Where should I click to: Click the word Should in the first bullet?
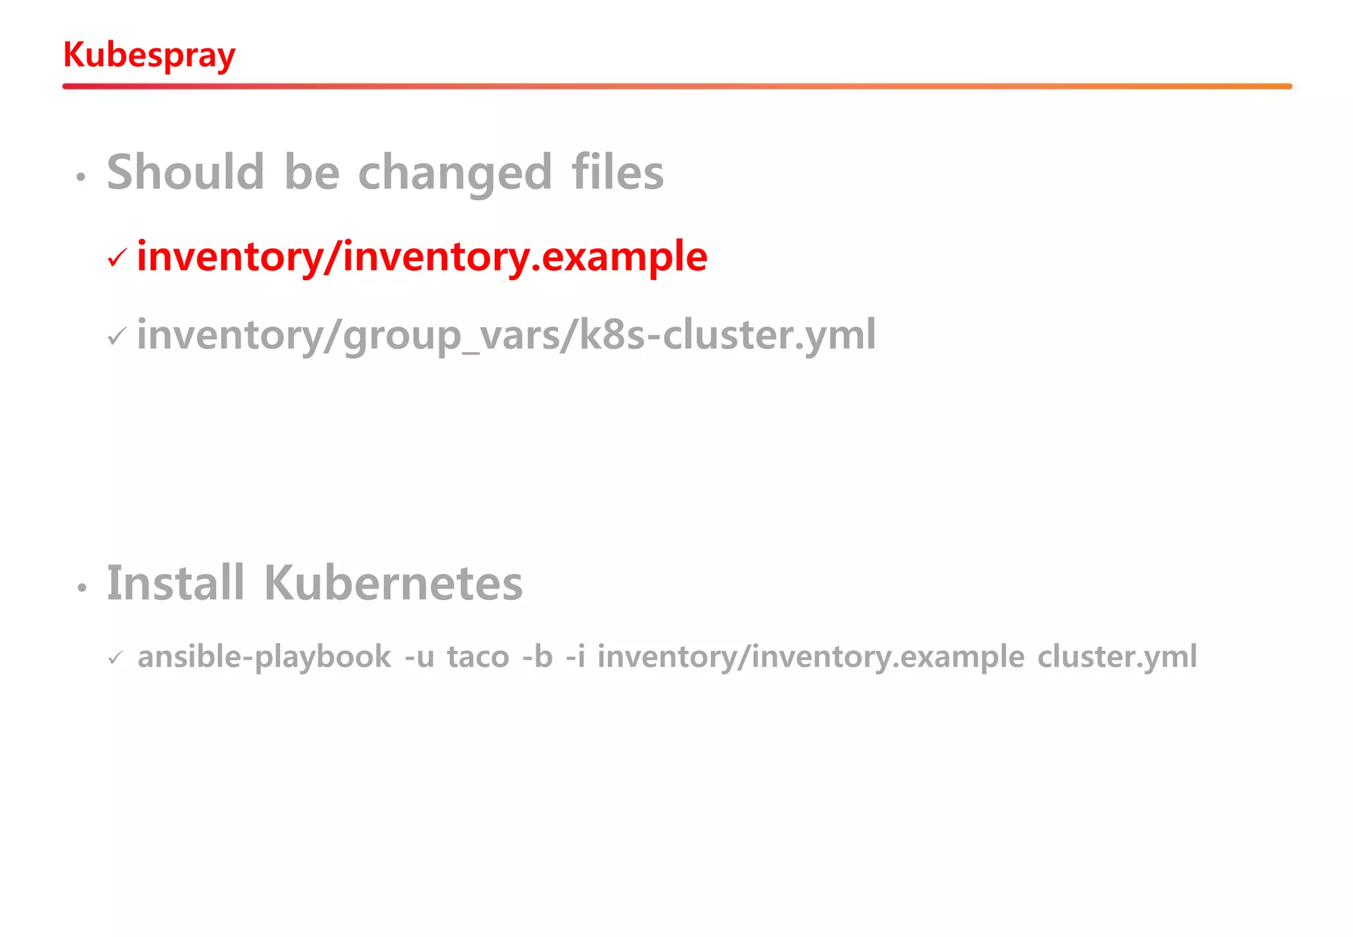point(186,172)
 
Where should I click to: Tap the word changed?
point(455,173)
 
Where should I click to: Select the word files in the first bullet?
point(618,172)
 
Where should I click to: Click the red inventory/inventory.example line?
point(422,257)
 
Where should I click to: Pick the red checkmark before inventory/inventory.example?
point(117,258)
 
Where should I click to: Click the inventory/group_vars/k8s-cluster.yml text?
point(506,335)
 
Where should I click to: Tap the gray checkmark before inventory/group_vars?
point(117,336)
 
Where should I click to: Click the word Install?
point(176,583)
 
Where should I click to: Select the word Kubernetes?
point(393,583)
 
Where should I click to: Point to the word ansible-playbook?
point(264,657)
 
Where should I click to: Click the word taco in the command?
point(478,657)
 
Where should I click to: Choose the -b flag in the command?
point(537,657)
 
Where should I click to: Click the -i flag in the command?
point(575,657)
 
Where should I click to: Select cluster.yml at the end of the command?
point(1116,657)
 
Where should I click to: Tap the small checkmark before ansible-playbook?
point(116,657)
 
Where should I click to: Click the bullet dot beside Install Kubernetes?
point(82,587)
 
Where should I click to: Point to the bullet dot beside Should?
point(81,177)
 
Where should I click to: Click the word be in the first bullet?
point(312,172)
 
